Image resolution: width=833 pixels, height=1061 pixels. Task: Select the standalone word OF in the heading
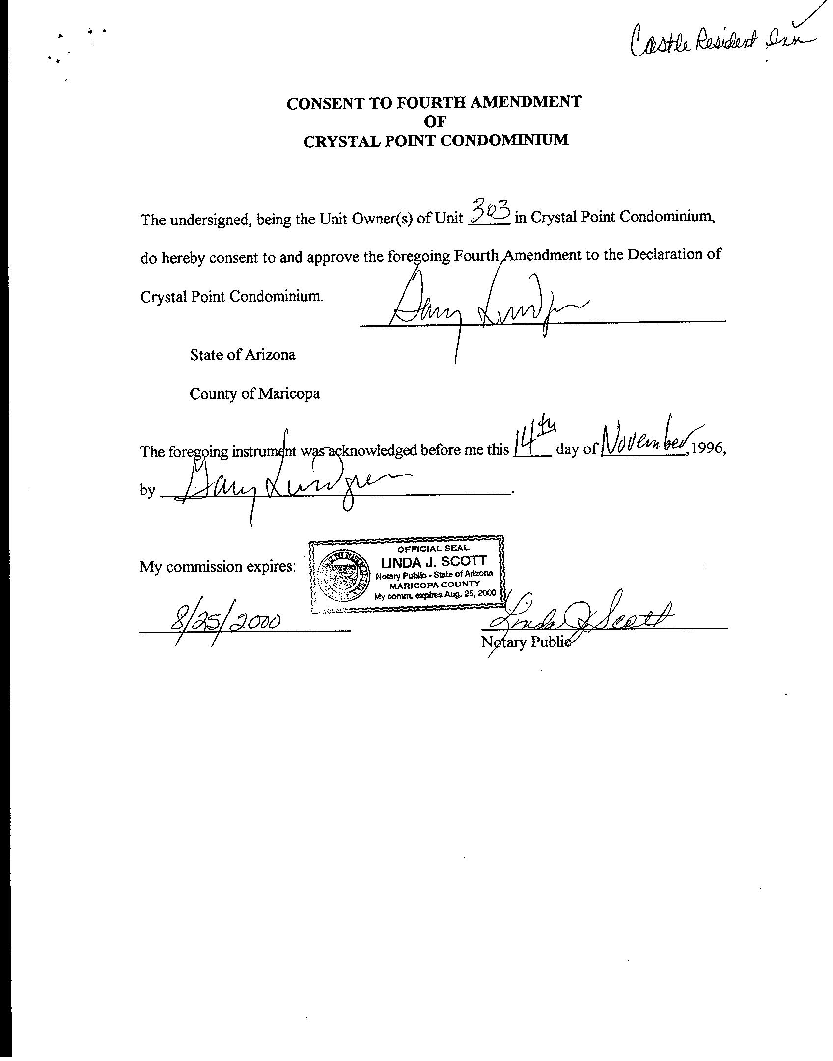[x=434, y=121]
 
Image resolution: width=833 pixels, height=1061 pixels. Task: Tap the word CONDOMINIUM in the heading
[x=504, y=140]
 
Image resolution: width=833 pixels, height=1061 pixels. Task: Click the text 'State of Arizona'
[x=243, y=355]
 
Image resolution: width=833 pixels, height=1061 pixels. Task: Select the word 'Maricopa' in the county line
[x=289, y=394]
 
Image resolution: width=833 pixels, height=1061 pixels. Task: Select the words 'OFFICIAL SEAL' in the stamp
[x=433, y=548]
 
